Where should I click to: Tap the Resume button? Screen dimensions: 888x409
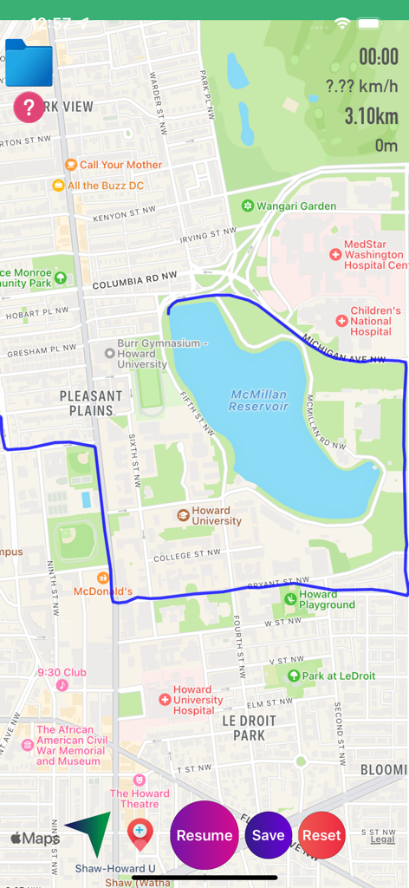204,835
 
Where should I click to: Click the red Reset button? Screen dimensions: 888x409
321,835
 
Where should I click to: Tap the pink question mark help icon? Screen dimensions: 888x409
29,108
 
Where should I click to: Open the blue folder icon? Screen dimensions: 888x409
29,63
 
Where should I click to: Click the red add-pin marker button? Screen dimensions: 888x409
140,834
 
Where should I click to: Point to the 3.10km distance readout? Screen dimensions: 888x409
371,116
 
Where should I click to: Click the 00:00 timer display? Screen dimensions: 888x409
379,58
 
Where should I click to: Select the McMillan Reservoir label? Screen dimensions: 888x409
258,400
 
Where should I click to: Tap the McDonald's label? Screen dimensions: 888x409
103,591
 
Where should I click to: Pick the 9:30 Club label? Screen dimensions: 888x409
62,672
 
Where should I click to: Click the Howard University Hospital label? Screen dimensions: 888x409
198,700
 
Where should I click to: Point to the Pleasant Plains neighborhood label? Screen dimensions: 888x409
91,403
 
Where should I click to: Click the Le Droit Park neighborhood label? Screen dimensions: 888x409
249,728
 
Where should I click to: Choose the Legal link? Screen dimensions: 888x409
382,839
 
